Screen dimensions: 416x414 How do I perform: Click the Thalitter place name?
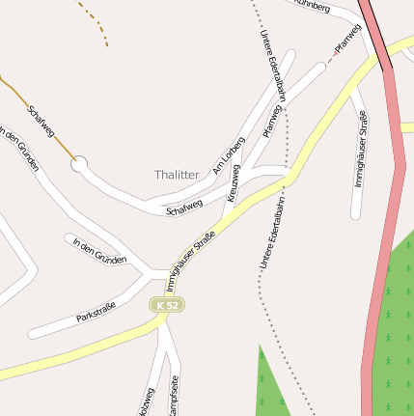pyautogui.click(x=177, y=175)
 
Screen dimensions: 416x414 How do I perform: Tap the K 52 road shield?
pyautogui.click(x=166, y=305)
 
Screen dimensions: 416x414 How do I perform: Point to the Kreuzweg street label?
pyautogui.click(x=235, y=182)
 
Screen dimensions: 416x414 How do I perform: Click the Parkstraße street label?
pyautogui.click(x=96, y=313)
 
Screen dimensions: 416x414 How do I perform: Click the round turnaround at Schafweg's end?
pyautogui.click(x=79, y=165)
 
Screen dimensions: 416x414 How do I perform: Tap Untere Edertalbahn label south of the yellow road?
pyautogui.click(x=273, y=235)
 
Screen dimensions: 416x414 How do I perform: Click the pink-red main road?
pyautogui.click(x=384, y=241)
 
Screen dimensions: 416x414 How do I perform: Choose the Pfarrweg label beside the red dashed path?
pyautogui.click(x=346, y=38)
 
